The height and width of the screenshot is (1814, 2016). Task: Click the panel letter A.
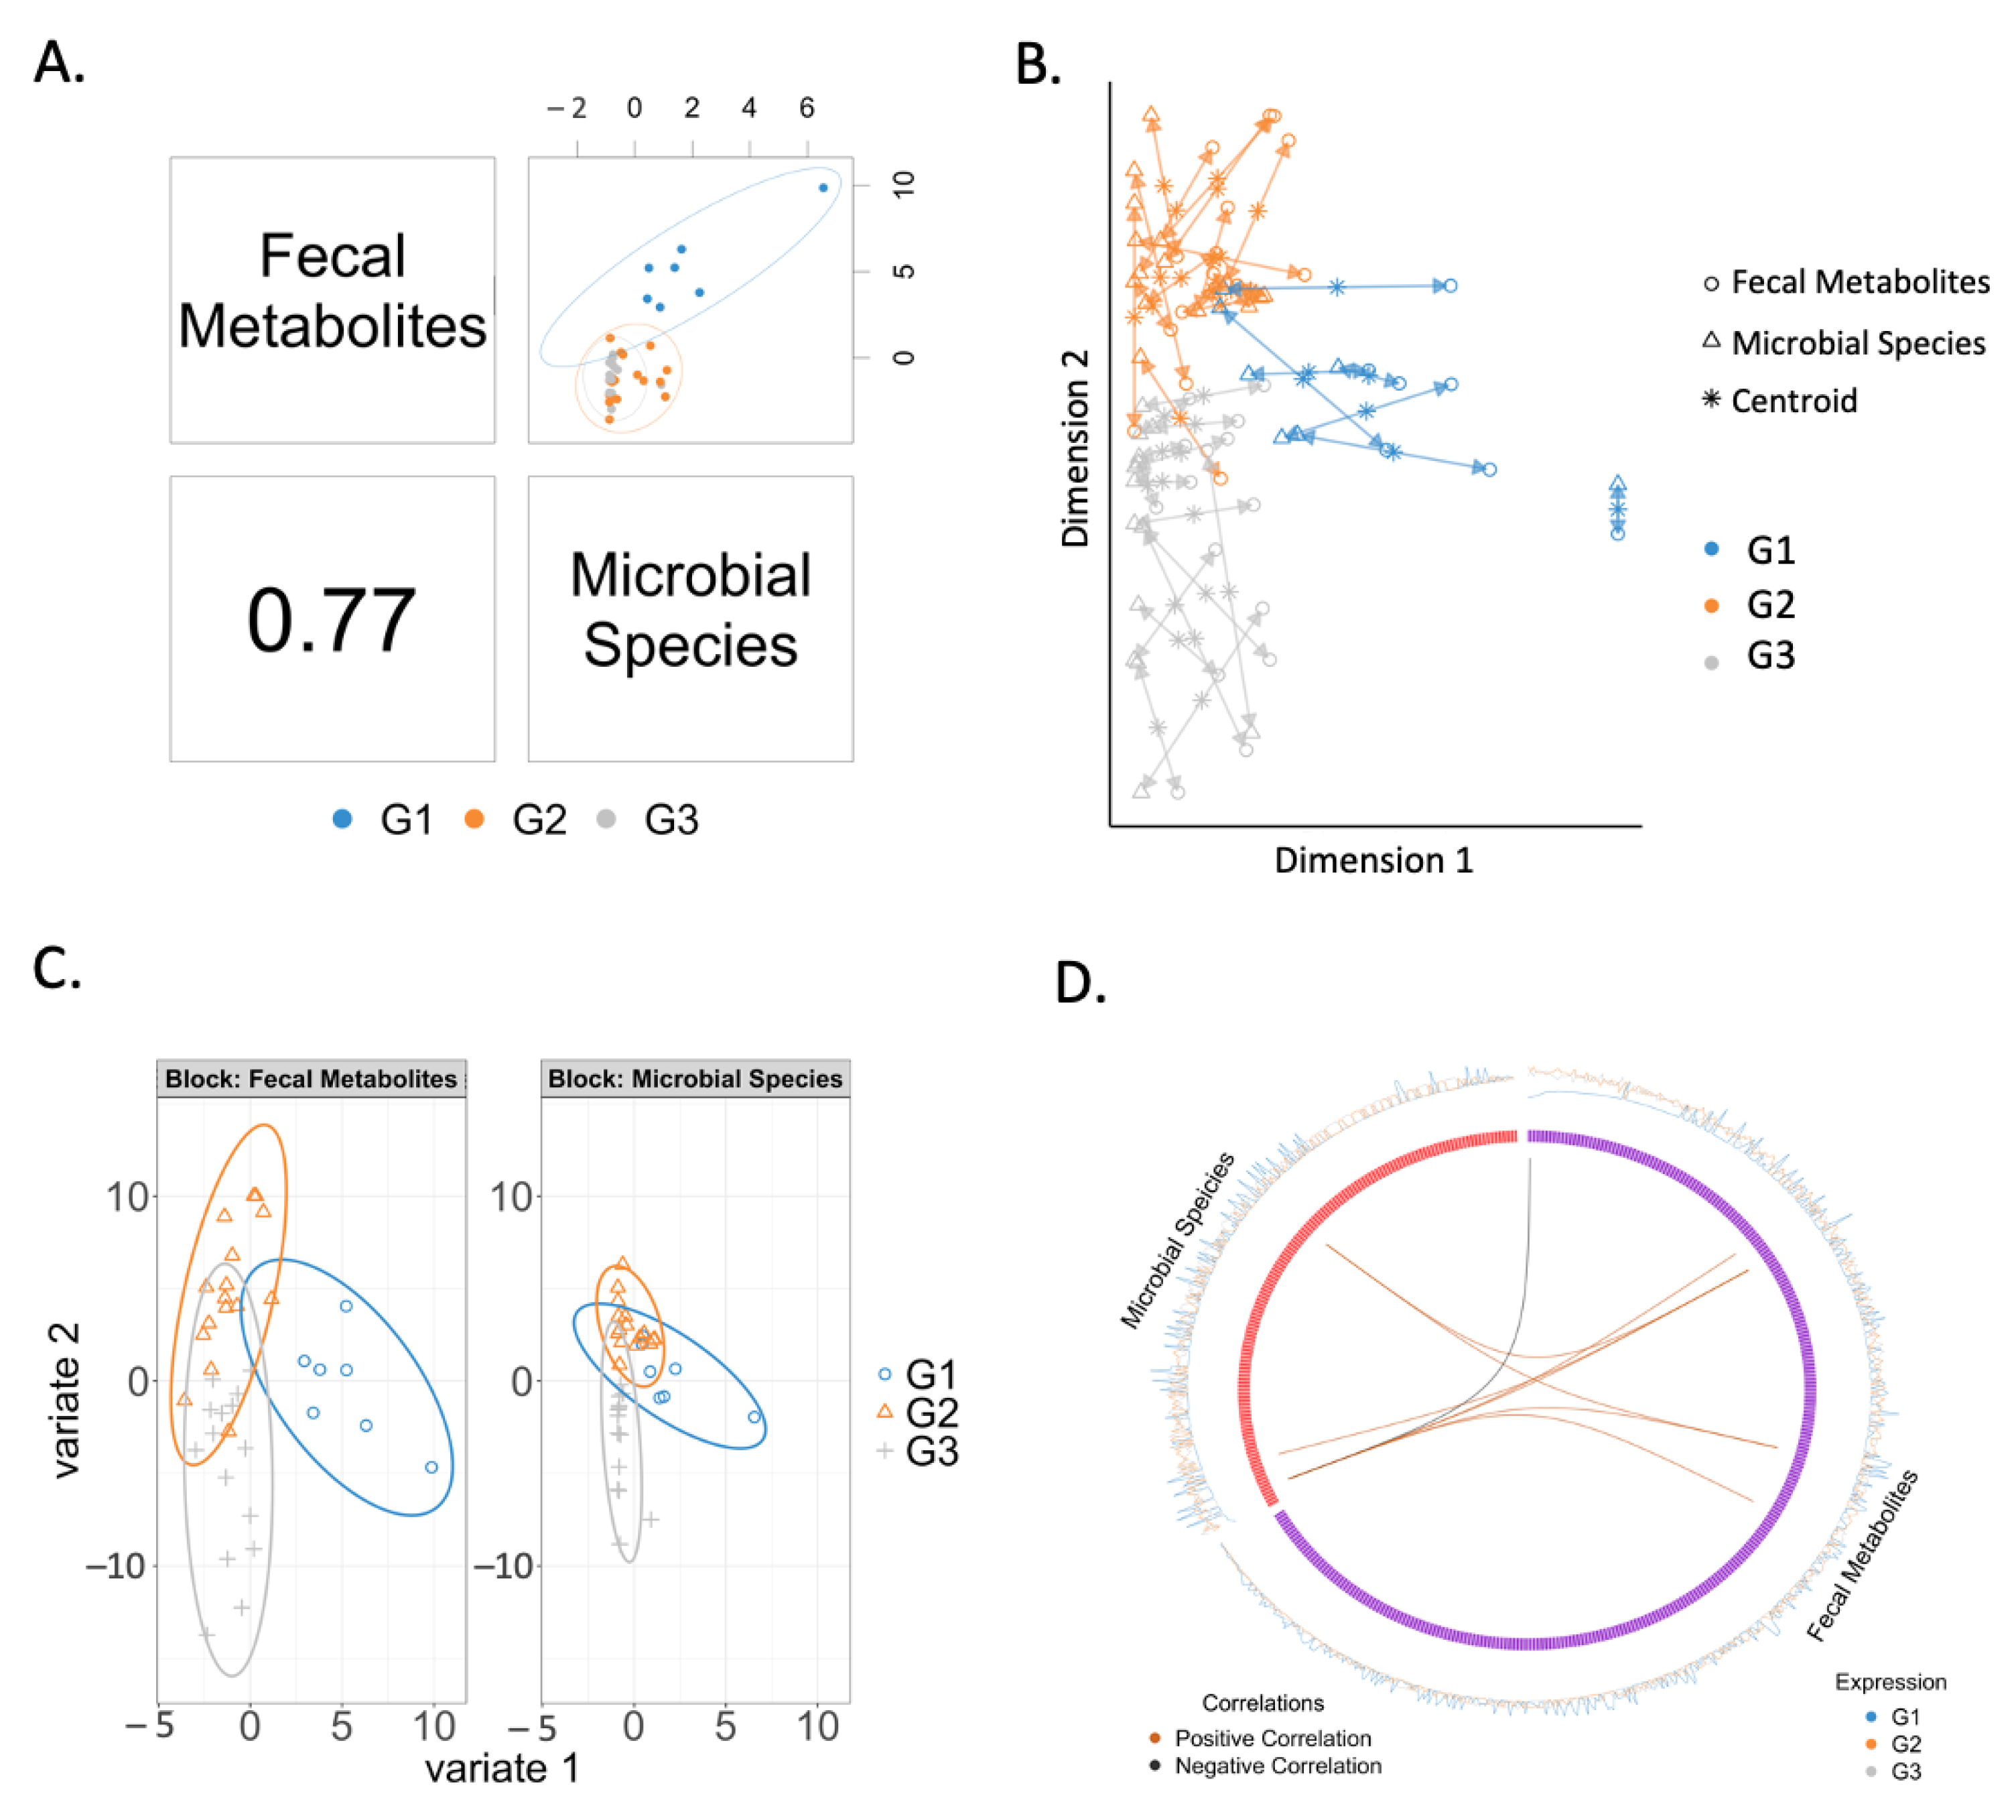(x=59, y=62)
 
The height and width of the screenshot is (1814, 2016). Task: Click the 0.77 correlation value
(x=331, y=620)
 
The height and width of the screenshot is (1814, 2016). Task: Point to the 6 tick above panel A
(x=806, y=108)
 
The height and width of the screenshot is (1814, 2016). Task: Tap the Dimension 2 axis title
(x=1075, y=448)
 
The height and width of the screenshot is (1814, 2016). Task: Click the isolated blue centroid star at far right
(x=1617, y=509)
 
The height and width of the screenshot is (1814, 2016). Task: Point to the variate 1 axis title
(x=501, y=1768)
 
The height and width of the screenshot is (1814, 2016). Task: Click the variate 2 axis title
(x=66, y=1401)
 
